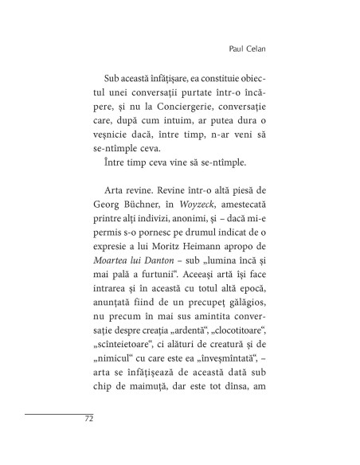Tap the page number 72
89,419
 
